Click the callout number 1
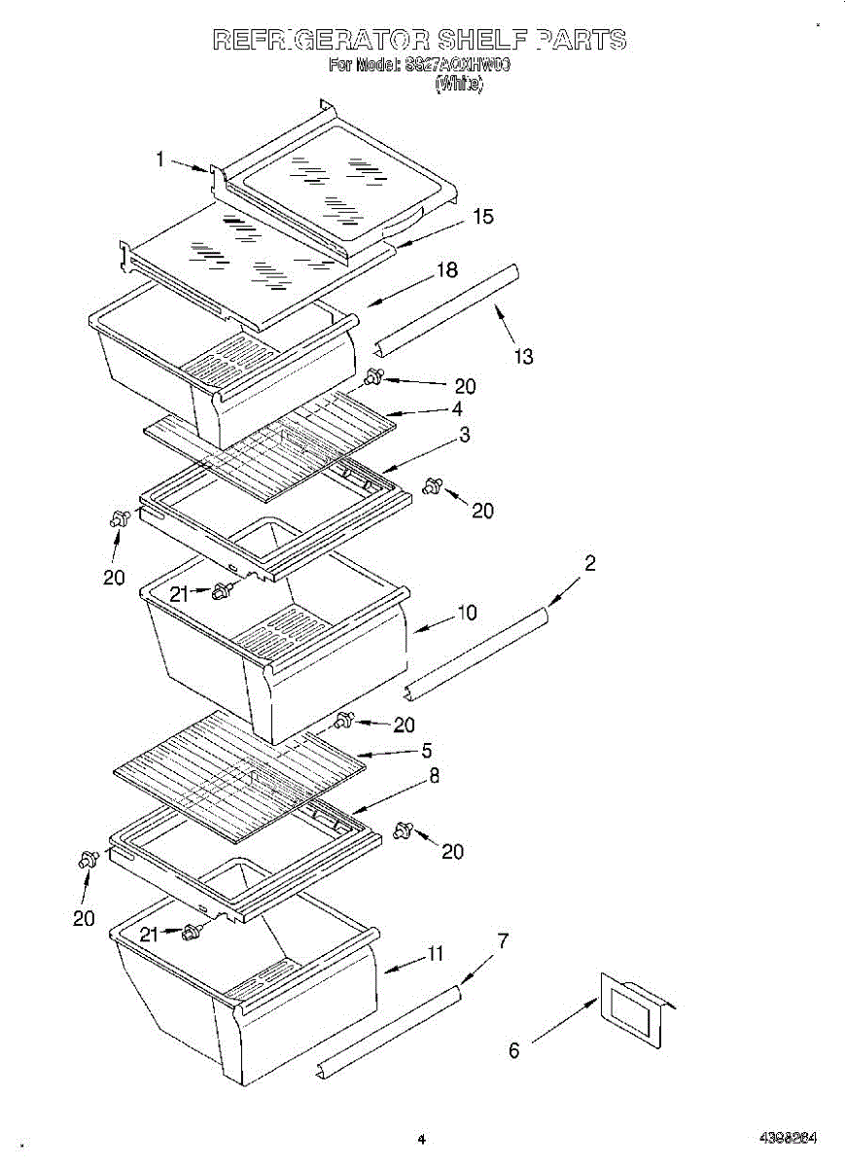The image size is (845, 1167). (161, 159)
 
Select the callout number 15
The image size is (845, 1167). (482, 217)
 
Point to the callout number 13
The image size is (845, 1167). (523, 357)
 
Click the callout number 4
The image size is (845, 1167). (456, 409)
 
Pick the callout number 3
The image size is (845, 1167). (464, 435)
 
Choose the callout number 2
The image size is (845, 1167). (589, 563)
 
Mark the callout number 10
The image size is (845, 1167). (467, 613)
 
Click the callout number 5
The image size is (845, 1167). (426, 751)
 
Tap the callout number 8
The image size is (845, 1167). (434, 776)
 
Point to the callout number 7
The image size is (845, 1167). (502, 940)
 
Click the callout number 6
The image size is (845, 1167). (514, 1050)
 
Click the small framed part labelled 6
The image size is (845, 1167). (632, 1008)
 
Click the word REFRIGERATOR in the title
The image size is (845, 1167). (321, 40)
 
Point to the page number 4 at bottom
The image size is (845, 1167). (421, 1138)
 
